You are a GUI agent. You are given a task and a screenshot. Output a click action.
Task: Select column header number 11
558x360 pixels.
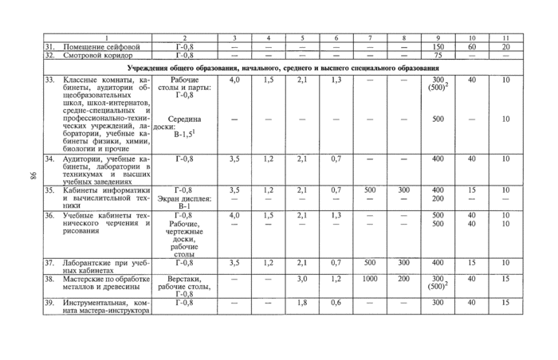(x=505, y=38)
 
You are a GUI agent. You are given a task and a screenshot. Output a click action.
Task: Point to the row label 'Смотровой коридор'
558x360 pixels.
(x=97, y=56)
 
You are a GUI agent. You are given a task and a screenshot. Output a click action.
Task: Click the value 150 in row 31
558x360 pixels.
(x=438, y=47)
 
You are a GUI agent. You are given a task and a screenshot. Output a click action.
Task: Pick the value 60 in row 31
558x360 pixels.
(x=471, y=47)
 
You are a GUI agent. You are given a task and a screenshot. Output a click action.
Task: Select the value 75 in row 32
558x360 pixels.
(x=438, y=56)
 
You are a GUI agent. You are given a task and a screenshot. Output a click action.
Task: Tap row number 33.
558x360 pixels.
(x=48, y=80)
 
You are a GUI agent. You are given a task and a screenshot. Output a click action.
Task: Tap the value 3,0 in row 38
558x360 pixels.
(x=301, y=279)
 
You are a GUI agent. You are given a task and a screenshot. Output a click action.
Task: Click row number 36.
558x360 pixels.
(x=48, y=215)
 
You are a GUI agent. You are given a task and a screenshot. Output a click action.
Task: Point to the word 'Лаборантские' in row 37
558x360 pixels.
(x=84, y=262)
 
